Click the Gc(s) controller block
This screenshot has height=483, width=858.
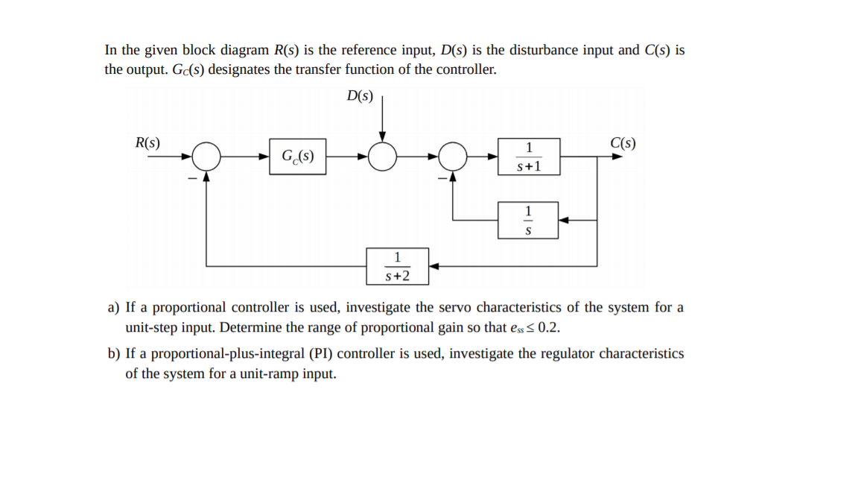[x=297, y=157]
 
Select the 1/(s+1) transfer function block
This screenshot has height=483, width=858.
[x=529, y=157]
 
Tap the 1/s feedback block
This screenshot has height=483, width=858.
[x=528, y=221]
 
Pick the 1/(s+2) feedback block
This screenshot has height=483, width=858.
[x=397, y=266]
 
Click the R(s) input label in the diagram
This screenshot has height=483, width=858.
[x=147, y=143]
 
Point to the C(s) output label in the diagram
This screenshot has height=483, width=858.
[x=623, y=143]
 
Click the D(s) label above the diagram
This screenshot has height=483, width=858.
[x=360, y=96]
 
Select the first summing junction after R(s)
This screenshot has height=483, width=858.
[x=206, y=157]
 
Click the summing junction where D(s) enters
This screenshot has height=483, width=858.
[x=383, y=157]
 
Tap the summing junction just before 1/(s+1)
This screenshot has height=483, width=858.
[x=454, y=157]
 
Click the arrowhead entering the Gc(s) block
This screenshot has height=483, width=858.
[x=264, y=157]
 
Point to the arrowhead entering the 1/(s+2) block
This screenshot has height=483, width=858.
[x=434, y=266]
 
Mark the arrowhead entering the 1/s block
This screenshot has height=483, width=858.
[x=564, y=221]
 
